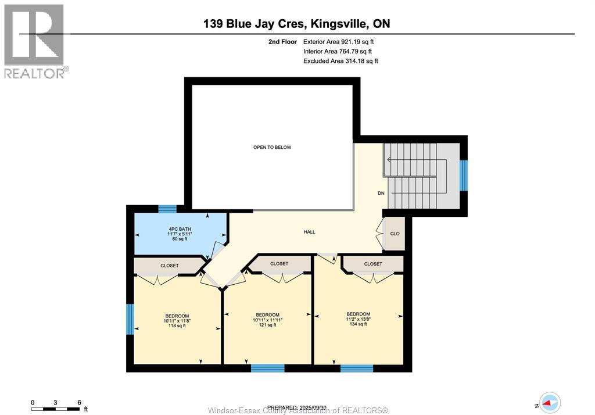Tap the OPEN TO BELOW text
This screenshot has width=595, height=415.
coord(272,147)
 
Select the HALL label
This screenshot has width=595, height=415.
coord(309,232)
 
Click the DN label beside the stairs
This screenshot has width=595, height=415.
coord(381,193)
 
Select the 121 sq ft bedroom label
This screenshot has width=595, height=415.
coord(267,320)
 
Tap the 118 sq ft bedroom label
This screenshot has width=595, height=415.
coord(177,321)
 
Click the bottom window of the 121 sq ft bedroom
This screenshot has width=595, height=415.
coord(267,368)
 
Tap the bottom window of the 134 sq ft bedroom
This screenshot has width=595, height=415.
coord(357,368)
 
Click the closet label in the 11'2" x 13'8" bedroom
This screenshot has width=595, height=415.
coord(373,264)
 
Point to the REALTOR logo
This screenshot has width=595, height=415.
coord(34,41)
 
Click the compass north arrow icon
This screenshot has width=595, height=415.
coord(549,402)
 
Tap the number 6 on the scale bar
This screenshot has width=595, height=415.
coord(78,402)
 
